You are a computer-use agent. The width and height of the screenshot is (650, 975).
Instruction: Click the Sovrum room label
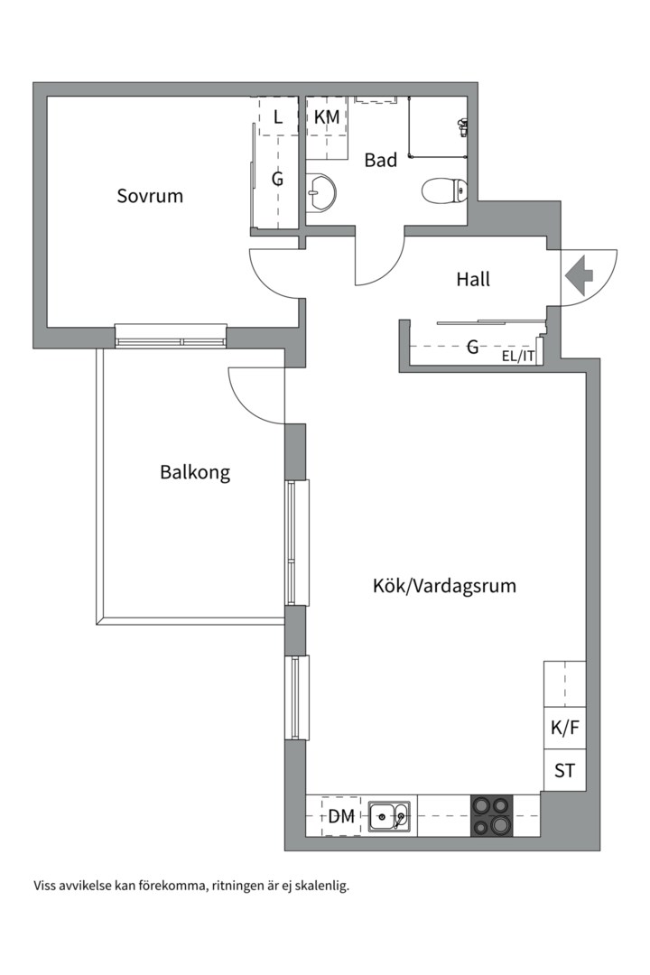(x=150, y=195)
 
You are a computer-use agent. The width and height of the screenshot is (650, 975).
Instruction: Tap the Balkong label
(x=195, y=471)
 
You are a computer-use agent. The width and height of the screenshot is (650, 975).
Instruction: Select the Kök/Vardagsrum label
(x=444, y=585)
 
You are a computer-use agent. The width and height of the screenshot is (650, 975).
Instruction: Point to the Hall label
(x=473, y=279)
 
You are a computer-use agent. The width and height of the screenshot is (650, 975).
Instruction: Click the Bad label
(x=380, y=161)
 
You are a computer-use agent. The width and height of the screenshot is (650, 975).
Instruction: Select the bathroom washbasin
(x=320, y=190)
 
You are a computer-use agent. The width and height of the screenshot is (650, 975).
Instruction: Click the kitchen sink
(x=389, y=816)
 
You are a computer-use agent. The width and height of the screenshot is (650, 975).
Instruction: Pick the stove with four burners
(x=491, y=815)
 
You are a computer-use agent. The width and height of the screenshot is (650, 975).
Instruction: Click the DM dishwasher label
(x=340, y=817)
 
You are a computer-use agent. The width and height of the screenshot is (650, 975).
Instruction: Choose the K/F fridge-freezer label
(x=564, y=729)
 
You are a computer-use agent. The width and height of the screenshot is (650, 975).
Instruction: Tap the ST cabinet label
(x=564, y=771)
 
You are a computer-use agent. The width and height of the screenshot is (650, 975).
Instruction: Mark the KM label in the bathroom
(x=327, y=116)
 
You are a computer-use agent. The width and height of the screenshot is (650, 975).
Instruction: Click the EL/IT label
(x=519, y=356)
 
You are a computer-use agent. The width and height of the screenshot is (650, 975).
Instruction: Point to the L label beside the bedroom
(x=277, y=116)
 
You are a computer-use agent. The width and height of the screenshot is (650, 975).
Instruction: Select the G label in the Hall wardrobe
(x=471, y=346)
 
